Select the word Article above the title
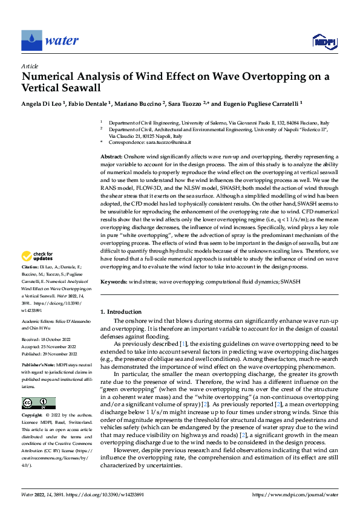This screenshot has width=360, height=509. coord(30,66)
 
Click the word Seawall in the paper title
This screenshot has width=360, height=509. coord(75,88)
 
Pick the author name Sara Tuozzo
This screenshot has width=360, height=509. coord(185,104)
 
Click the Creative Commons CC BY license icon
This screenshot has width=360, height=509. coord(38,403)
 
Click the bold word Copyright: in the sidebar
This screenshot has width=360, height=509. coord(33,416)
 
